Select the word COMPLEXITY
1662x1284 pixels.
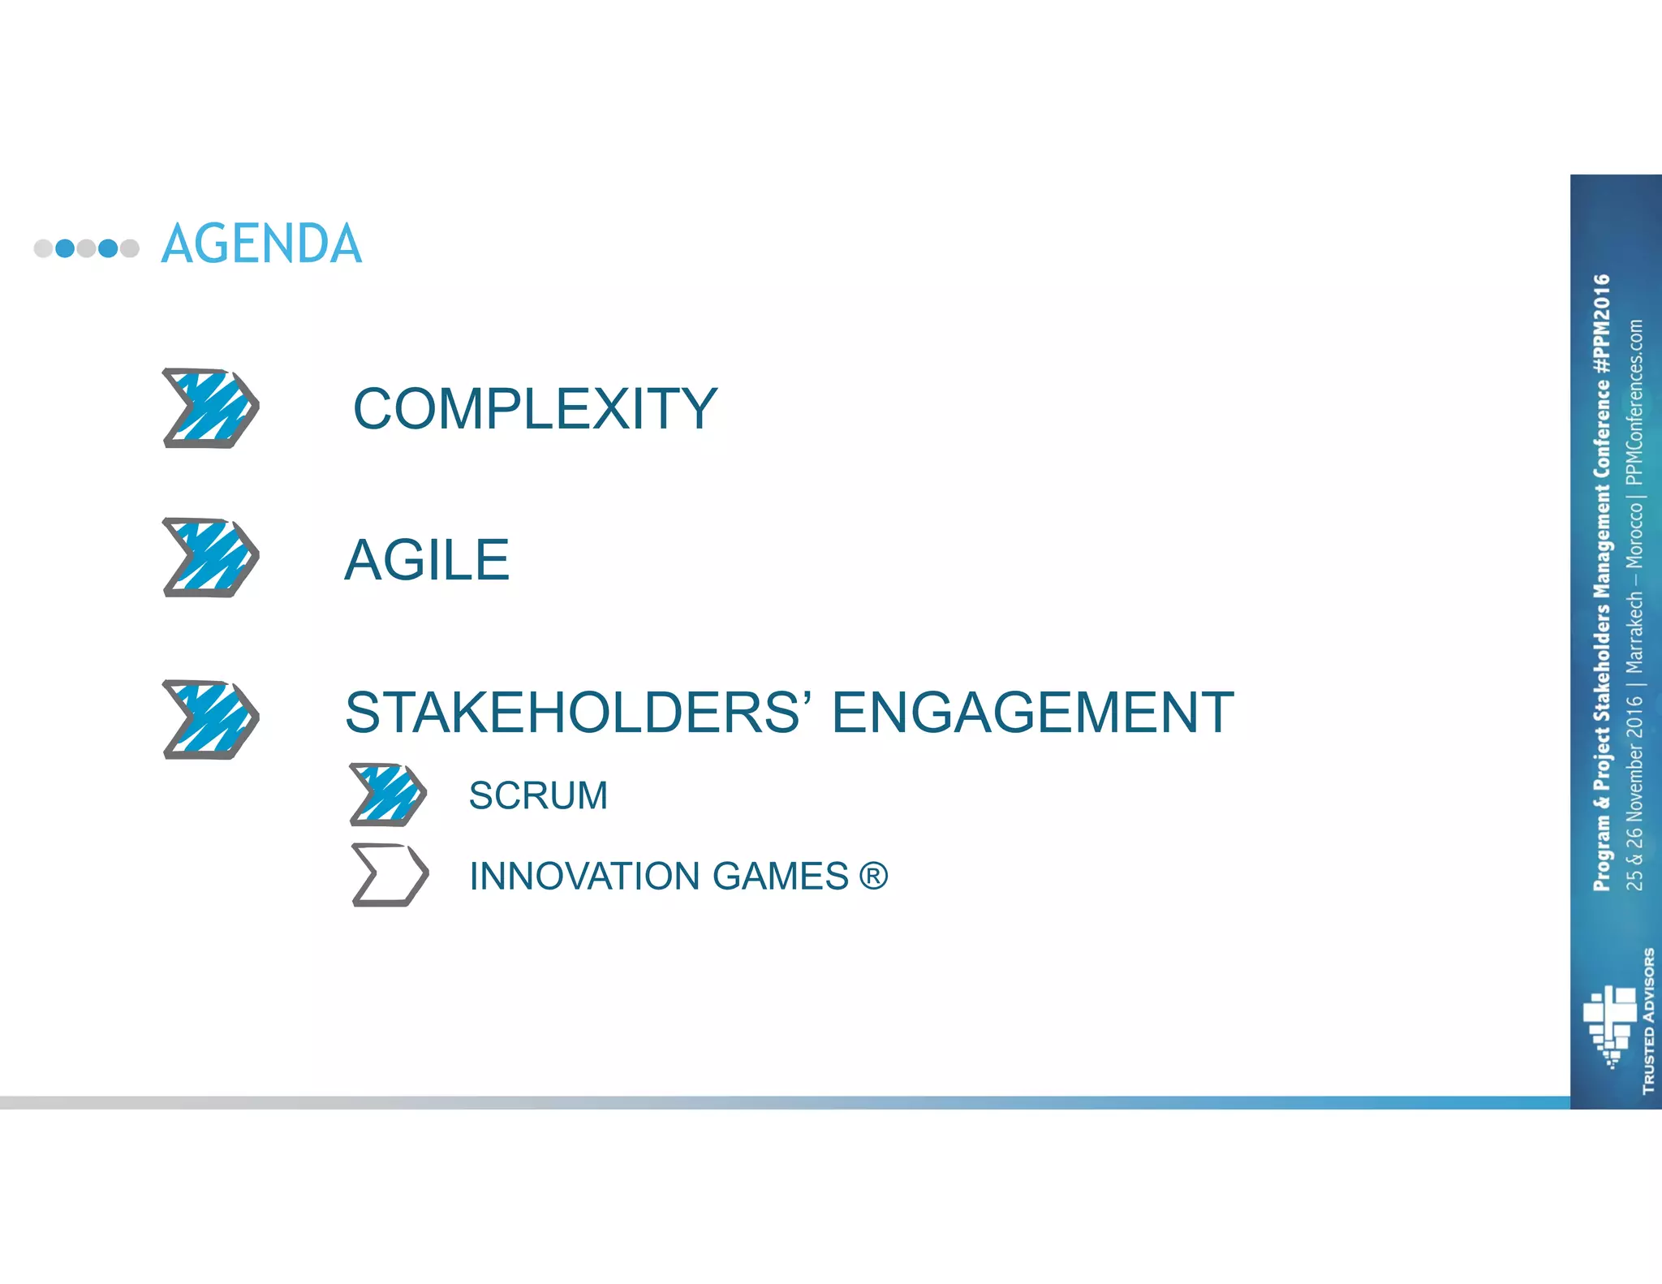(535, 408)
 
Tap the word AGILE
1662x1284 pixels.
(427, 560)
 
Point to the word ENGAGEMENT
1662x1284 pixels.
(1032, 713)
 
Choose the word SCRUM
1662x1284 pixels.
(538, 795)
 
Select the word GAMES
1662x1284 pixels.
(780, 877)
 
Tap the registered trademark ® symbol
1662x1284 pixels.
(873, 876)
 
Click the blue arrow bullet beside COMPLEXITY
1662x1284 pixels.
(211, 408)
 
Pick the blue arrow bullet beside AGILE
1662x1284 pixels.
(211, 558)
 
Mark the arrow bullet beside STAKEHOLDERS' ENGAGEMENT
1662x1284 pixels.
(211, 719)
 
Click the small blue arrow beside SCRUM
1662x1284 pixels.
(388, 794)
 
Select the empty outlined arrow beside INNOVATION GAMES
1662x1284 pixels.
(390, 875)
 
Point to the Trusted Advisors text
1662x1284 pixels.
(1648, 1020)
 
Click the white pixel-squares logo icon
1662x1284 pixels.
(1610, 1024)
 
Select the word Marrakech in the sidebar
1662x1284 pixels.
(1634, 631)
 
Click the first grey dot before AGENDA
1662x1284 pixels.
(43, 248)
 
